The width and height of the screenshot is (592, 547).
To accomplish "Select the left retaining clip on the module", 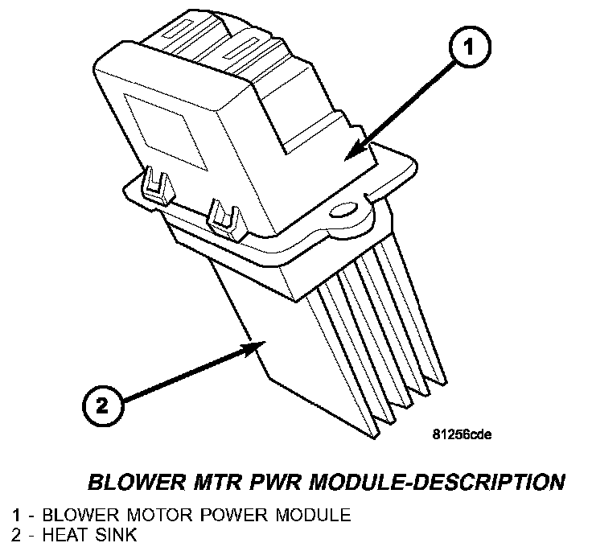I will pyautogui.click(x=158, y=185).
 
